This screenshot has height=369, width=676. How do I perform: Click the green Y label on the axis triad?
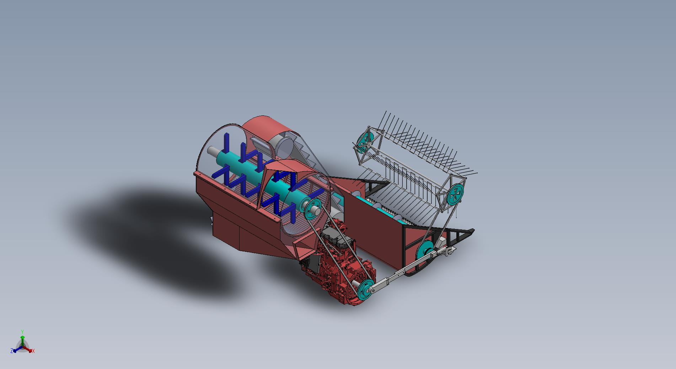click(22, 332)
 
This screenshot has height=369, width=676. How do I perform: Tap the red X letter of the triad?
click(33, 351)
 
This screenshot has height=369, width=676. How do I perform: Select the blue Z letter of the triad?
click(12, 351)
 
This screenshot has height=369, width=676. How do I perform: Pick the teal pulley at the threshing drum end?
click(312, 208)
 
